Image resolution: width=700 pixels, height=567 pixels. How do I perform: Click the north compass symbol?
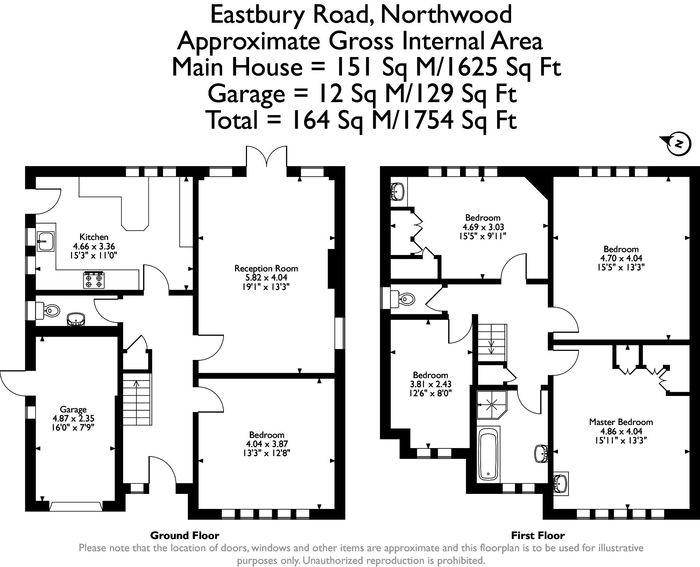[678, 143]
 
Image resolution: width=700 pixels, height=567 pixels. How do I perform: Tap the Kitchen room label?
[94, 237]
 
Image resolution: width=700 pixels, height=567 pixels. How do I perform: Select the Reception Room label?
[266, 268]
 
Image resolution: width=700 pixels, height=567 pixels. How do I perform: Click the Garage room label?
[73, 409]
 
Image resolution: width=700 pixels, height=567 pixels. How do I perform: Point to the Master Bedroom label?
[621, 422]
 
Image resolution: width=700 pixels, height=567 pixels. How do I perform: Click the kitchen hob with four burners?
[94, 280]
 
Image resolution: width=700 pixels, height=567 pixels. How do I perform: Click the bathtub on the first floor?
[488, 455]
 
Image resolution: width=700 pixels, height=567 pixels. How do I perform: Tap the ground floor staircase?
[137, 399]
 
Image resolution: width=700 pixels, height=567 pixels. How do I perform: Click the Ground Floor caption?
[184, 535]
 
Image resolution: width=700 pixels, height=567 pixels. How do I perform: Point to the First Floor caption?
[538, 535]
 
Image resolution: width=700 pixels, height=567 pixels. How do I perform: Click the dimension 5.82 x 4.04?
[266, 278]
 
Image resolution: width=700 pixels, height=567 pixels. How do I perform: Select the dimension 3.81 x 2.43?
[430, 384]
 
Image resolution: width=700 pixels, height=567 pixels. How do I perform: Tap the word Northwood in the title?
[446, 15]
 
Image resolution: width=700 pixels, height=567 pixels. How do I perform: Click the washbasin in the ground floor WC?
[76, 319]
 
